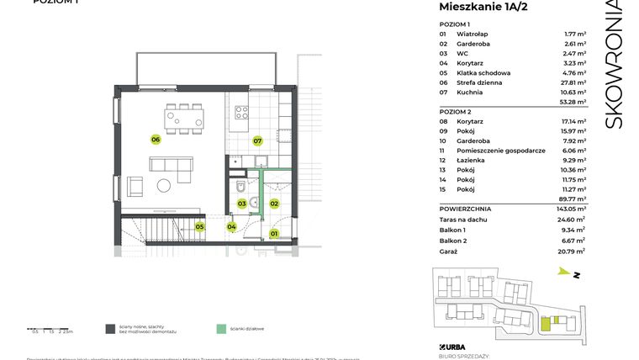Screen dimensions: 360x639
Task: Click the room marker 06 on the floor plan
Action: pyautogui.click(x=156, y=139)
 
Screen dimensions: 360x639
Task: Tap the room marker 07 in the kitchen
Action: pyautogui.click(x=258, y=140)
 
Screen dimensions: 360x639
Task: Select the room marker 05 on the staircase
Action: pyautogui.click(x=200, y=226)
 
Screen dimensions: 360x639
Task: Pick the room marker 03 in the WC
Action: pyautogui.click(x=241, y=204)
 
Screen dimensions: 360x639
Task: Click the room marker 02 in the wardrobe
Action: pyautogui.click(x=274, y=203)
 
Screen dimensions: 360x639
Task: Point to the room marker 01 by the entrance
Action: pyautogui.click(x=273, y=233)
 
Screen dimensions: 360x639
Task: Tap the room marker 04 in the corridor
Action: pyautogui.click(x=232, y=226)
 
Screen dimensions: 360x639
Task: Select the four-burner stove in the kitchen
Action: pyautogui.click(x=241, y=111)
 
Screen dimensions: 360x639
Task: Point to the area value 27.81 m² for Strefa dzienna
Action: pyautogui.click(x=574, y=83)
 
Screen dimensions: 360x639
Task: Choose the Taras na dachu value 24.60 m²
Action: pyautogui.click(x=573, y=218)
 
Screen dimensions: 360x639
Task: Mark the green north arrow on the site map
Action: pyautogui.click(x=562, y=272)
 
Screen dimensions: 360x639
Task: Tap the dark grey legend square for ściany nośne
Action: pyautogui.click(x=110, y=330)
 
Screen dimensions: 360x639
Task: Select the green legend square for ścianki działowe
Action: pyautogui.click(x=220, y=330)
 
